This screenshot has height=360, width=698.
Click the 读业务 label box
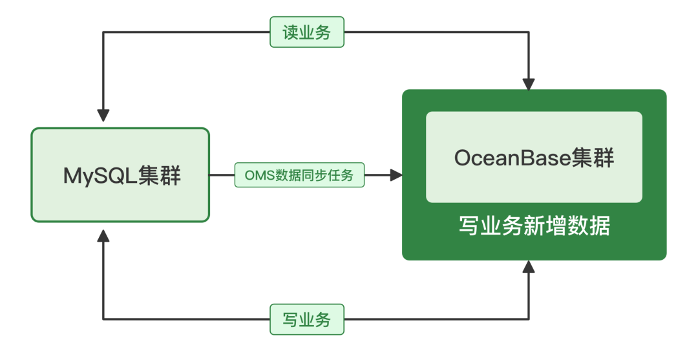pyautogui.click(x=306, y=32)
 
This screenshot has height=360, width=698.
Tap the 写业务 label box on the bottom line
pyautogui.click(x=306, y=319)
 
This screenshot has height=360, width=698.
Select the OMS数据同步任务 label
pyautogui.click(x=299, y=175)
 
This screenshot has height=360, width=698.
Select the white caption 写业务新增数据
pyautogui.click(x=534, y=227)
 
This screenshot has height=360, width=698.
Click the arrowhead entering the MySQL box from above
pyautogui.click(x=103, y=116)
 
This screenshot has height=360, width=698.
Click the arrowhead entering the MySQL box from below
pyautogui.click(x=103, y=235)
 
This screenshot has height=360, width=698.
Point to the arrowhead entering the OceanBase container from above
pyautogui.click(x=529, y=83)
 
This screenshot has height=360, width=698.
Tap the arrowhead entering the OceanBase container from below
pyautogui.click(x=529, y=266)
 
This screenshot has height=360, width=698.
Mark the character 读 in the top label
pyautogui.click(x=290, y=32)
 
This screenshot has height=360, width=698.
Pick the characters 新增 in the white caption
pyautogui.click(x=534, y=227)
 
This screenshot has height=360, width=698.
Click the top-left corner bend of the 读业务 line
pyautogui.click(x=103, y=32)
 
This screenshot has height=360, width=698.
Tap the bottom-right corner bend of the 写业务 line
pyautogui.click(x=529, y=319)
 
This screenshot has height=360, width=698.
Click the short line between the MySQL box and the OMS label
pyautogui.click(x=222, y=175)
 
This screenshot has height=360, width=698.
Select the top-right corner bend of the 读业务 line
pyautogui.click(x=529, y=32)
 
